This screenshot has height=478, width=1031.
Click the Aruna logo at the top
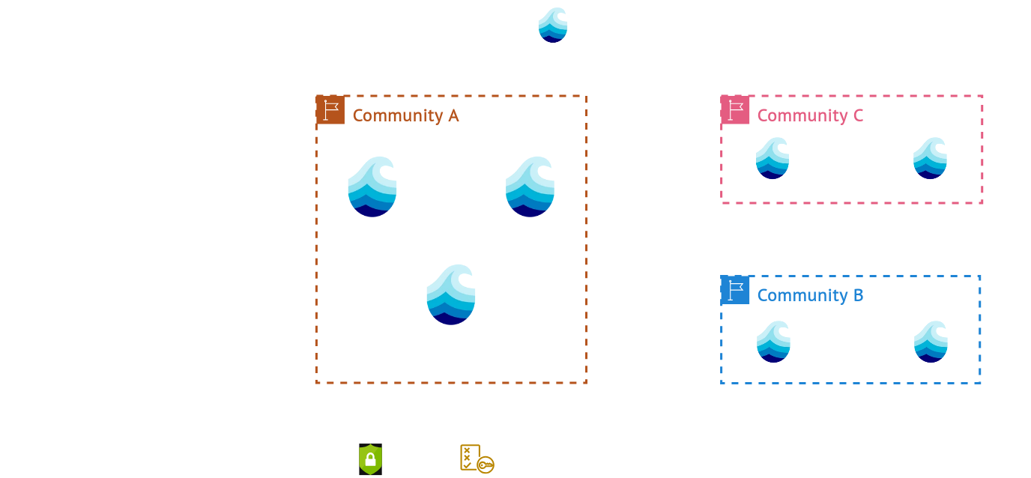point(553,24)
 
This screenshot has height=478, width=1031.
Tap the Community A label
point(405,115)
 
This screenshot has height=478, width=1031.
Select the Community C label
point(810,115)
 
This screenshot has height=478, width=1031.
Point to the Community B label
point(810,295)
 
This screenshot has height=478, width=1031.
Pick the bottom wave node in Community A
point(451,294)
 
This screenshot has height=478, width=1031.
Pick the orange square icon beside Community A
point(330,110)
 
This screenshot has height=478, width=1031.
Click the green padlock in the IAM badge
point(370,459)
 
